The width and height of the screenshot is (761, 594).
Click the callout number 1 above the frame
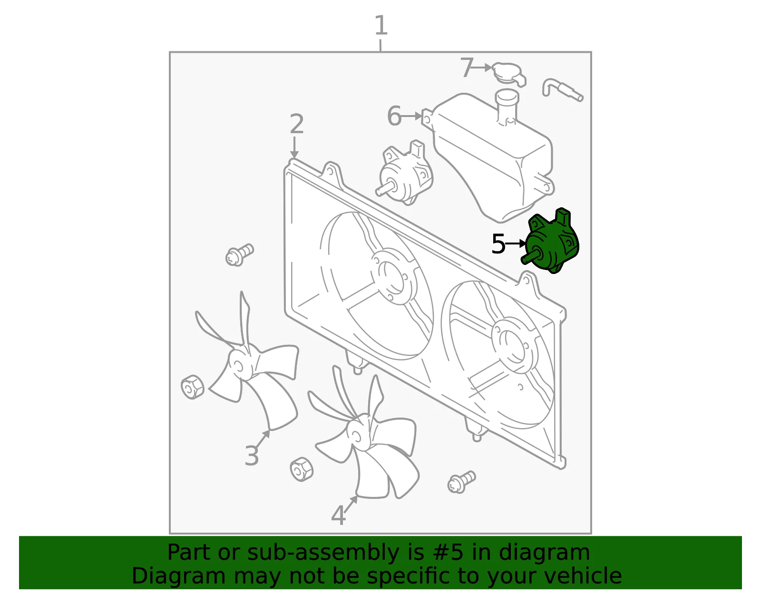[381, 25]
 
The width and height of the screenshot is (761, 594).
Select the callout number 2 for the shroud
[297, 124]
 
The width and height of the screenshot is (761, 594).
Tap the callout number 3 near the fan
[252, 456]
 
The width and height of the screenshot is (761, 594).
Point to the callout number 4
[339, 516]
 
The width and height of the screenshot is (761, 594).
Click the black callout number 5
[498, 244]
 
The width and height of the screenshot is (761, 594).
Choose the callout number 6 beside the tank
[394, 116]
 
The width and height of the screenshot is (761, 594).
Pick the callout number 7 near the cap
[467, 68]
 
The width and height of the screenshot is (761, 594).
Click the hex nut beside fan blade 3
[192, 387]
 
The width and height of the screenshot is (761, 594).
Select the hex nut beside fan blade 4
[302, 469]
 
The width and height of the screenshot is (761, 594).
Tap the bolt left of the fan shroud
[240, 255]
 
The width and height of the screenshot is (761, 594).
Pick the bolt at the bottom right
[461, 482]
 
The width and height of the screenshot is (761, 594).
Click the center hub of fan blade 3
[239, 366]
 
